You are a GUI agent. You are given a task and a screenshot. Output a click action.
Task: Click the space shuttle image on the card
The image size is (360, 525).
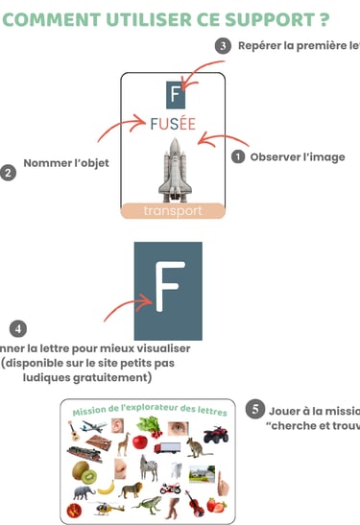pyautogui.click(x=173, y=172)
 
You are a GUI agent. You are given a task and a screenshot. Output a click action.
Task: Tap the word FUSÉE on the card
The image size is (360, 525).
pyautogui.click(x=172, y=124)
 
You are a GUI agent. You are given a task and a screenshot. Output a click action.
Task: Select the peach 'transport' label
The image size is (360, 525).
pyautogui.click(x=173, y=211)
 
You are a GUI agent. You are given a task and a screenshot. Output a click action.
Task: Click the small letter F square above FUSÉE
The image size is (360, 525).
pyautogui.click(x=173, y=93)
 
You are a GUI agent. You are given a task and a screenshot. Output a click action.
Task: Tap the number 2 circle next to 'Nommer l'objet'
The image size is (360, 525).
pyautogui.click(x=9, y=173)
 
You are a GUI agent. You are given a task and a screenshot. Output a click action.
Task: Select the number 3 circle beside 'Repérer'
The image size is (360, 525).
pyautogui.click(x=224, y=45)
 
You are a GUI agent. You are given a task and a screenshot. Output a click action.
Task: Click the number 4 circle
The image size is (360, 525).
pyautogui.click(x=18, y=329)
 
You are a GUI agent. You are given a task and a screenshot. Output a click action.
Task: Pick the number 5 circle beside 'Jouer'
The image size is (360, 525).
pyautogui.click(x=254, y=409)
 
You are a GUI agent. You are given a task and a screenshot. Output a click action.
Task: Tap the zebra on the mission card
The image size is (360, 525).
pyautogui.click(x=151, y=468)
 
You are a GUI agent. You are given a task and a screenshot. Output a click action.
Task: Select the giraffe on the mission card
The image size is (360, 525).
pyautogui.click(x=124, y=443)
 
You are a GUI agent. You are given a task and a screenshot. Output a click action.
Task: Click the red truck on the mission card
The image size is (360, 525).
pyautogui.click(x=166, y=447)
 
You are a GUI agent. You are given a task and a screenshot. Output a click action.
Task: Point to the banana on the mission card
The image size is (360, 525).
pyautogui.click(x=106, y=489)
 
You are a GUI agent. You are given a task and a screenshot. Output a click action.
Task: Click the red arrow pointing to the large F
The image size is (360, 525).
pyautogui.click(x=122, y=308)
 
